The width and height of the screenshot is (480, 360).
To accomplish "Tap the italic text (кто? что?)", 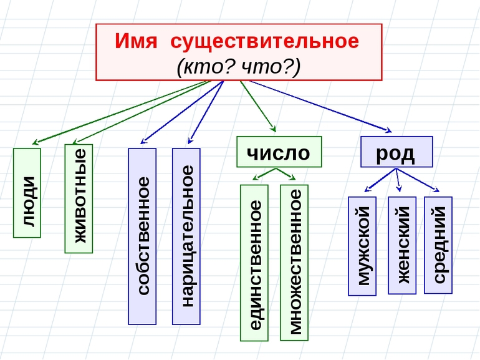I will click(x=239, y=65).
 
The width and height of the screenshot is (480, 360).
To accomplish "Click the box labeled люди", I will click(x=27, y=193).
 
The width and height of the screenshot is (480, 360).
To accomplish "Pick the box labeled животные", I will click(x=79, y=198).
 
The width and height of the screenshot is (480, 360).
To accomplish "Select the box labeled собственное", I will click(x=142, y=236).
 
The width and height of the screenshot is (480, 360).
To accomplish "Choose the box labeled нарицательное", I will click(x=186, y=236).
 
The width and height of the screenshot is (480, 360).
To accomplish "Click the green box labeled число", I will click(x=279, y=152).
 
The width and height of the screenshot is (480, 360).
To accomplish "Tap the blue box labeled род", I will click(x=396, y=152).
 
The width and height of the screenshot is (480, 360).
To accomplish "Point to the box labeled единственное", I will click(x=254, y=262).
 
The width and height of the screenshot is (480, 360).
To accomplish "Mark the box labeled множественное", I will click(x=294, y=262).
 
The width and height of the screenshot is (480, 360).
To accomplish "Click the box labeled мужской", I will click(x=362, y=246).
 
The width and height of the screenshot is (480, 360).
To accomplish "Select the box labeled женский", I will click(x=401, y=245).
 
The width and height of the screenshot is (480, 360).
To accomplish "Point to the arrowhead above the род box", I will click(x=388, y=130).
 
